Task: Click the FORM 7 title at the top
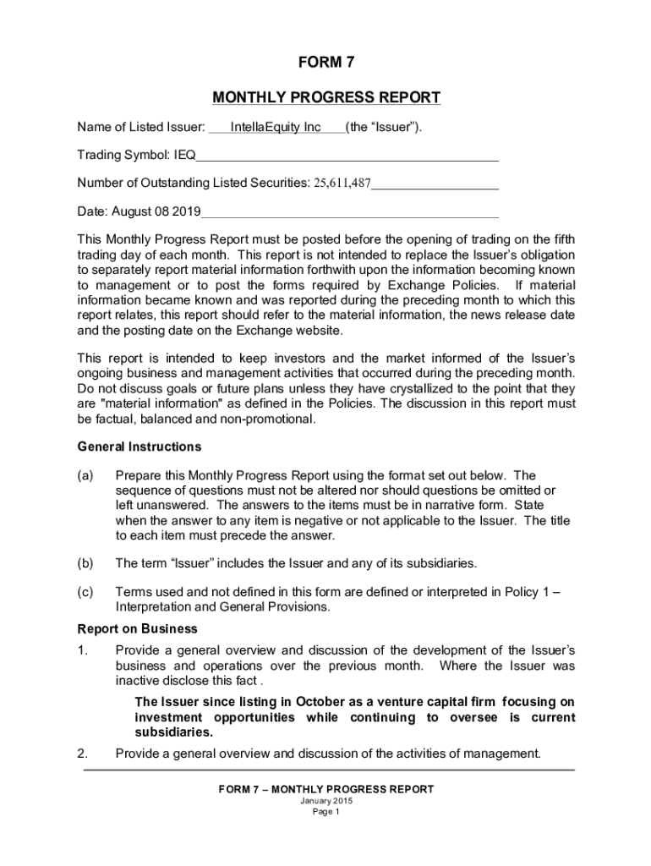click(x=325, y=62)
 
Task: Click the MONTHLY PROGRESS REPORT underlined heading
click(x=325, y=98)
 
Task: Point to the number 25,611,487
click(x=342, y=184)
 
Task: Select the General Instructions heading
click(x=139, y=447)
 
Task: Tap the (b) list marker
click(x=85, y=562)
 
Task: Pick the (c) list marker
click(x=85, y=592)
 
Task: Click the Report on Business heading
click(x=138, y=629)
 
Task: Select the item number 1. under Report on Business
click(x=83, y=650)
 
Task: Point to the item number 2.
click(x=83, y=753)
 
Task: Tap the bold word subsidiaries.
click(x=174, y=732)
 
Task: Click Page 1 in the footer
click(x=325, y=813)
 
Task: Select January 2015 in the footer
click(x=325, y=801)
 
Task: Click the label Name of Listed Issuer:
click(x=141, y=129)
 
